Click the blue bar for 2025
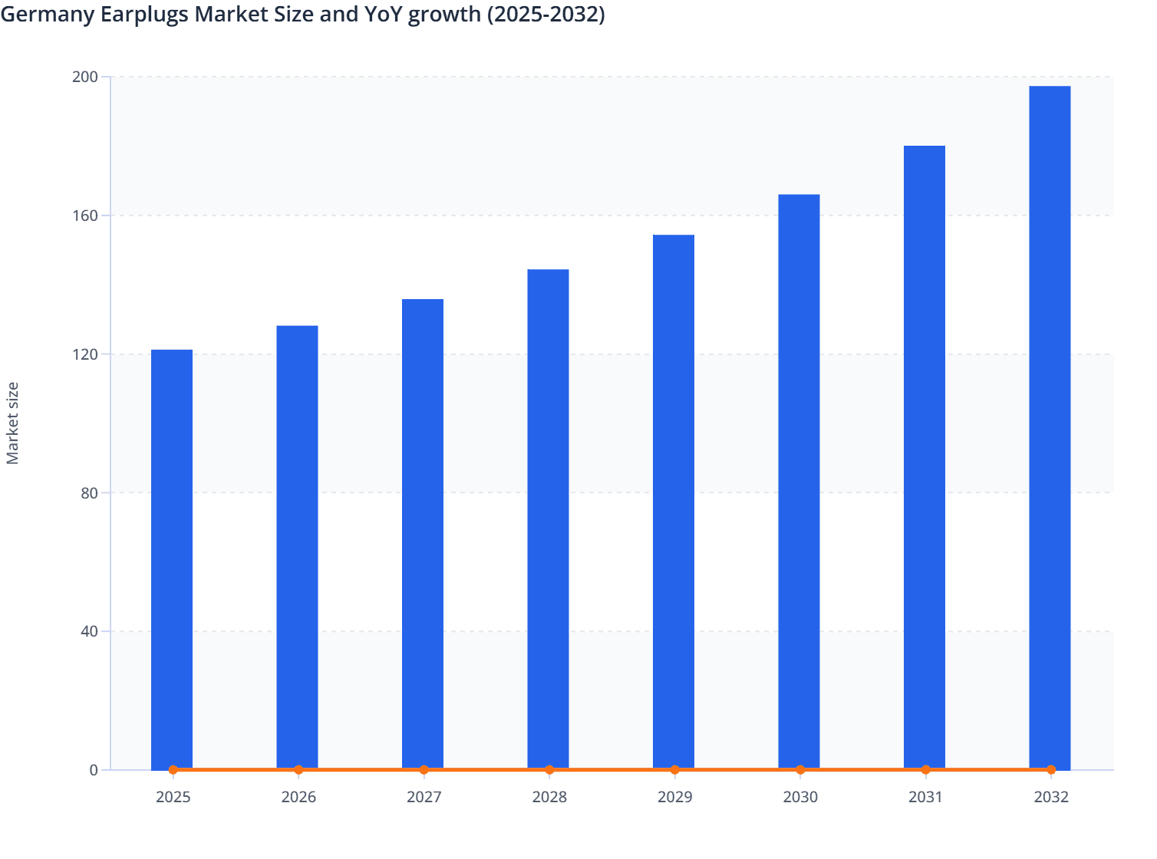click(x=172, y=560)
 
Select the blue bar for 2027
click(x=423, y=535)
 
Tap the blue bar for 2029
click(x=674, y=502)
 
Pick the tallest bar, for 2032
click(x=1050, y=428)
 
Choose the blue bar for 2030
click(x=799, y=482)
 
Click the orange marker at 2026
click(x=298, y=769)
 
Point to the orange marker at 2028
click(x=549, y=769)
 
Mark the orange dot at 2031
click(x=925, y=769)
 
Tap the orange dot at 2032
click(x=1051, y=769)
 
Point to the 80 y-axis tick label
click(x=89, y=492)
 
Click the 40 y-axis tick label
click(x=89, y=631)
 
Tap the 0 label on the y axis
click(x=94, y=770)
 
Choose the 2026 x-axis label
click(x=298, y=797)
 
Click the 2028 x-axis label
click(x=549, y=797)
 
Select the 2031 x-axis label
click(x=925, y=797)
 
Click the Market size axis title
click(x=13, y=423)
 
